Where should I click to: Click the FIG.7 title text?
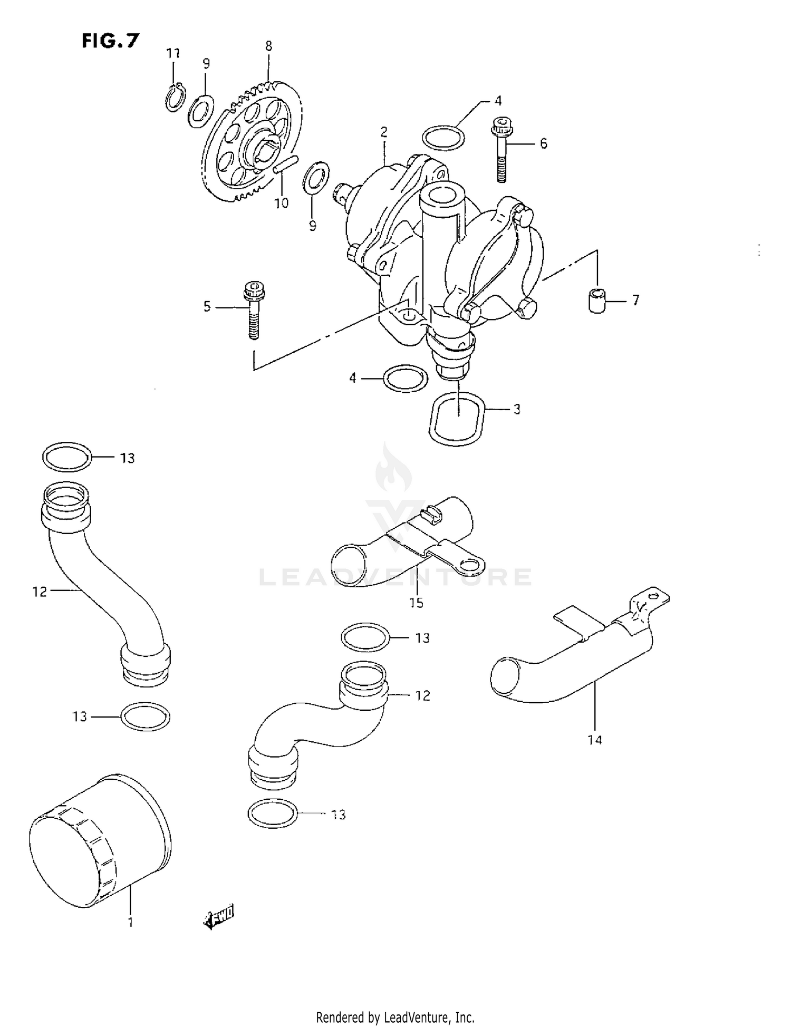click(x=110, y=41)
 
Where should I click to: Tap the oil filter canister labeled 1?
click(x=100, y=841)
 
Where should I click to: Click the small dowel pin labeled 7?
click(x=596, y=300)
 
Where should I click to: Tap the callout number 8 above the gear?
click(x=268, y=46)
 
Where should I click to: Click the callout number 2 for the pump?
click(x=384, y=132)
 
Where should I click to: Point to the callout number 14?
click(x=594, y=740)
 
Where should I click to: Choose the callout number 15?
click(x=416, y=602)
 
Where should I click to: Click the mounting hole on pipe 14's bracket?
click(x=654, y=596)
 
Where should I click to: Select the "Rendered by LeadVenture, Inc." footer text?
click(x=395, y=1017)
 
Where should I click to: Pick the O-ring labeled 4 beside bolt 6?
click(x=444, y=138)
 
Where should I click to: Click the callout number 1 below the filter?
click(x=130, y=922)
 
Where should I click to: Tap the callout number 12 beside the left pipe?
click(x=40, y=592)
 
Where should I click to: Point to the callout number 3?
click(x=517, y=409)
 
